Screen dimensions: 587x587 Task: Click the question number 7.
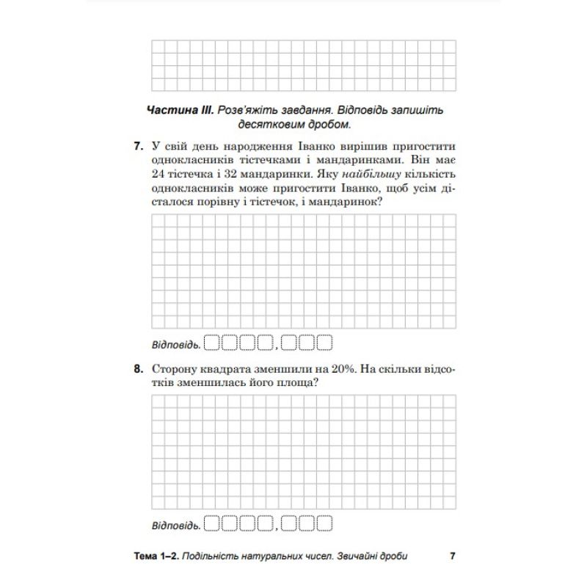point(138,145)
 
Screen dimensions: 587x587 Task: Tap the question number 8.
point(138,370)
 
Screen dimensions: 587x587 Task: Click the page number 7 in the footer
point(452,555)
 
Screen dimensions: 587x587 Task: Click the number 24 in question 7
point(158,175)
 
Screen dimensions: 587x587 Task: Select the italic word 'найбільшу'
point(354,175)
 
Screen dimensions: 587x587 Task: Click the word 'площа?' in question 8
point(291,384)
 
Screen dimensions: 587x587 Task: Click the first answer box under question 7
point(211,342)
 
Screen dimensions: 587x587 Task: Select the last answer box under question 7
point(324,342)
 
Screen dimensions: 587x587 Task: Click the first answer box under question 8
point(211,524)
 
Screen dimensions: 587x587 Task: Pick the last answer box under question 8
point(324,524)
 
